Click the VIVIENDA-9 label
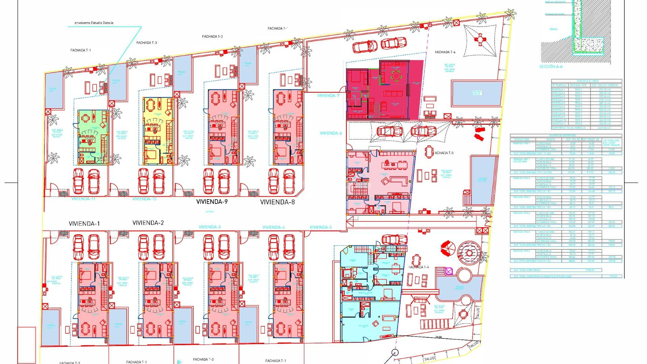212,202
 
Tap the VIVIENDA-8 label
277,202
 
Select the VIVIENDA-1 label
84,224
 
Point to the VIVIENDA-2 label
148,223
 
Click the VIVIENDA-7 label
328,96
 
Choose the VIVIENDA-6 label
331,133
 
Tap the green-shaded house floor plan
93,136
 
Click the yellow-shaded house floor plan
158,130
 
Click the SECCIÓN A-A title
551,67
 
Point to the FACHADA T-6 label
445,52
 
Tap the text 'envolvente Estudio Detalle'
94,23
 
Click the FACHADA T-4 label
419,267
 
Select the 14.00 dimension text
438,337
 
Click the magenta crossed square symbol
449,271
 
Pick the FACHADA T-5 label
444,153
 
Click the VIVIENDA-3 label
210,227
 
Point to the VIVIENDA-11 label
83,199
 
